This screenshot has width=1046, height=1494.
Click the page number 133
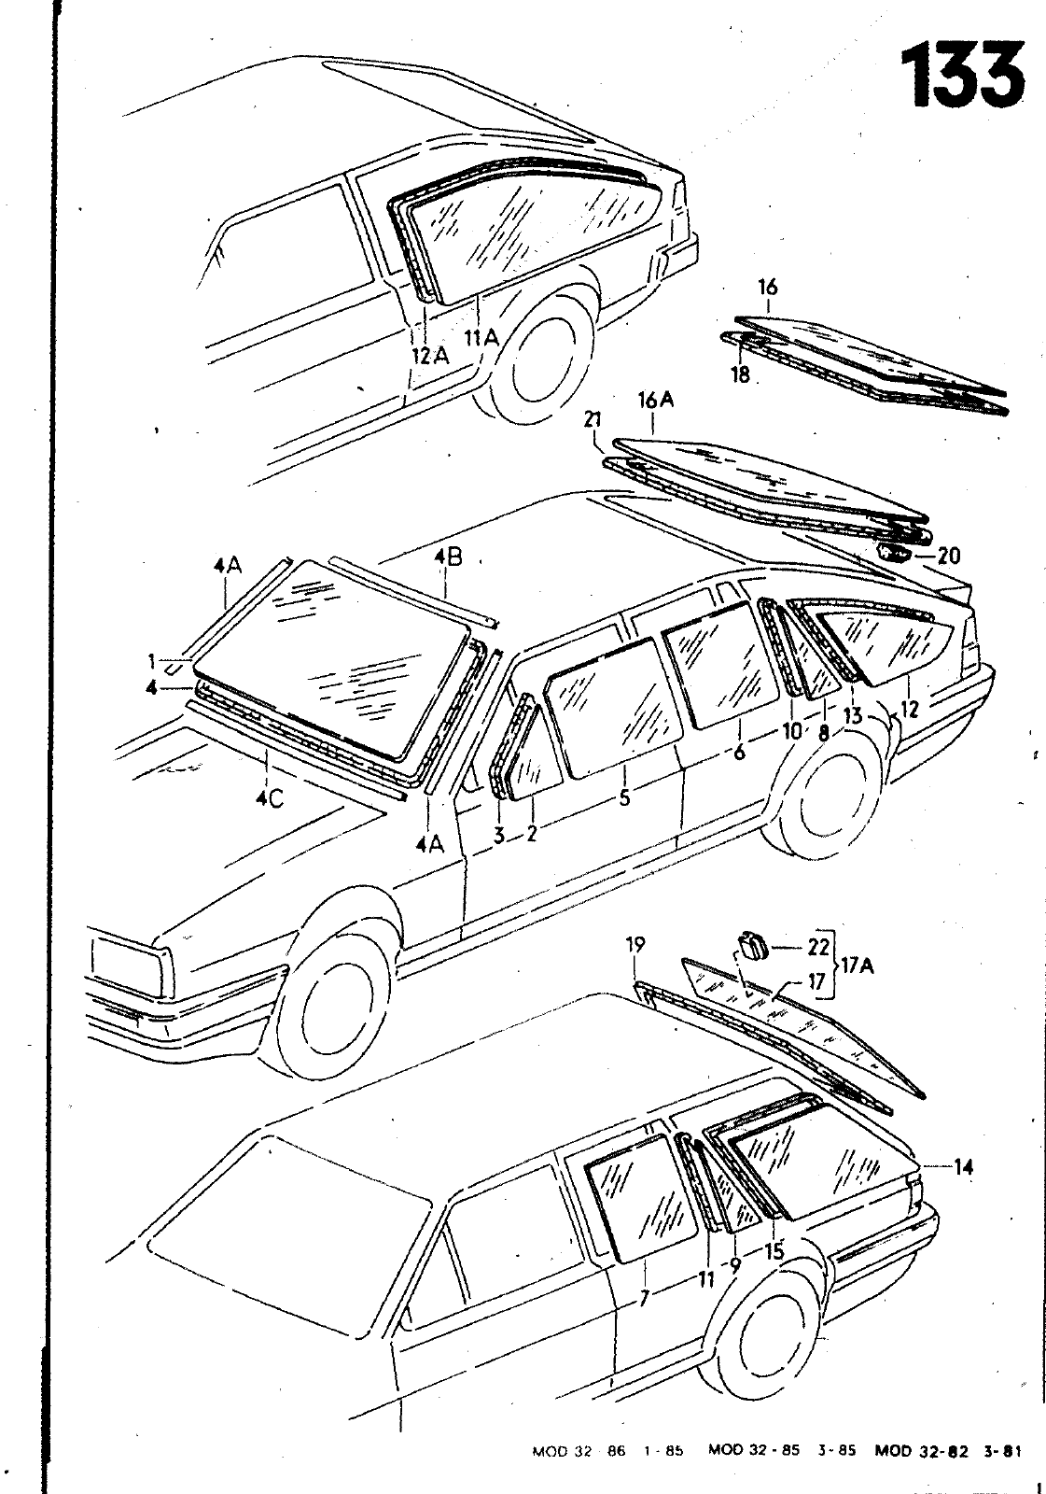pyautogui.click(x=962, y=74)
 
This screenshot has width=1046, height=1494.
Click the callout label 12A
pyautogui.click(x=430, y=355)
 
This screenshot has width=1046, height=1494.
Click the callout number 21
pyautogui.click(x=592, y=422)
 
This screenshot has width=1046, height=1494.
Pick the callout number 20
pyautogui.click(x=948, y=557)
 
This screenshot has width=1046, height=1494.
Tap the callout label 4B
pyautogui.click(x=448, y=558)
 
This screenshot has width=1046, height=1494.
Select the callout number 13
pyautogui.click(x=852, y=716)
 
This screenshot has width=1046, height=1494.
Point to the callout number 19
pyautogui.click(x=635, y=946)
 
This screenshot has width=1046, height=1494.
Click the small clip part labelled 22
pyautogui.click(x=751, y=946)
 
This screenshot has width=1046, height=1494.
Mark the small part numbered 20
pyautogui.click(x=894, y=554)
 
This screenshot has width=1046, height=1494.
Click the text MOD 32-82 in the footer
pyautogui.click(x=915, y=1451)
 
